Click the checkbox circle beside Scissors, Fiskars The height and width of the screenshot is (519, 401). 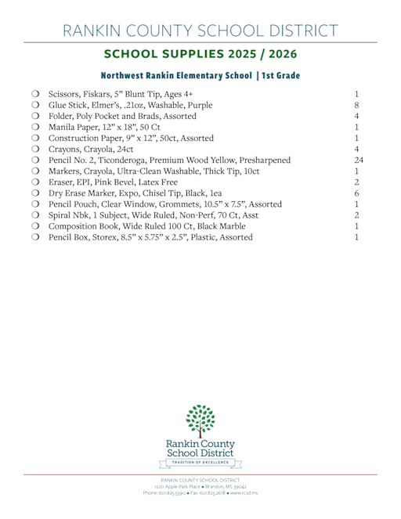[x=36, y=93]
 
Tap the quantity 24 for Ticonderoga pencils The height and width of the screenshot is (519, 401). [x=358, y=160]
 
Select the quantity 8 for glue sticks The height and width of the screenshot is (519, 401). [x=356, y=104]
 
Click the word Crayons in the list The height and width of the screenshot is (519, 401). [x=65, y=149]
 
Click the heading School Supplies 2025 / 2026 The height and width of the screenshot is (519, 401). [x=200, y=55]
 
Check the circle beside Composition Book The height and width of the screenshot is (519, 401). [x=36, y=226]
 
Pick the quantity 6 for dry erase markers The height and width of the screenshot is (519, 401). [x=356, y=193]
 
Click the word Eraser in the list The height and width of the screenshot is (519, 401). [x=62, y=182]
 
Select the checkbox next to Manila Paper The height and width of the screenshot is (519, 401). [x=36, y=126]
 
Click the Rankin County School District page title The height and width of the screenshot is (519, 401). [x=200, y=31]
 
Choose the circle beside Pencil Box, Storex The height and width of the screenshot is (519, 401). [x=36, y=237]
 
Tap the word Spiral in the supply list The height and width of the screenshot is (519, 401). [x=60, y=215]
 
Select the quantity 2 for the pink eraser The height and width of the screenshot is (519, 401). [x=356, y=182]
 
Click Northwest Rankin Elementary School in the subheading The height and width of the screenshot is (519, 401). [x=172, y=76]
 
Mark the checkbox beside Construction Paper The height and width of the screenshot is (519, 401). [x=36, y=138]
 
